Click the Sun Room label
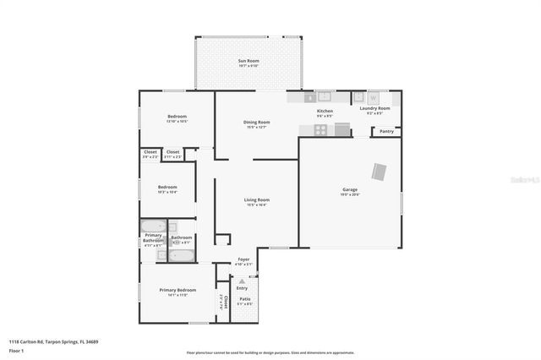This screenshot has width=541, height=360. pos(248,62)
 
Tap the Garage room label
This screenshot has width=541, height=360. pos(350,190)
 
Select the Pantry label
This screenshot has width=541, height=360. pos(386,131)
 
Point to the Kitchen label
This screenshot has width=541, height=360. pos(325,111)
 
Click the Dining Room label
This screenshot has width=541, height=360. pos(256,123)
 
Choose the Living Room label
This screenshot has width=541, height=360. pos(256,200)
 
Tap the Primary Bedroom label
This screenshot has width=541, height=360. pos(178,290)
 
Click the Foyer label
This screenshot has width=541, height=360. pos(243,259)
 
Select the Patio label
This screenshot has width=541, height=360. pos(244,299)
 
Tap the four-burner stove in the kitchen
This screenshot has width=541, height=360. pos(320,129)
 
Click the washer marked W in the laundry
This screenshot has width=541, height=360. pos(373,97)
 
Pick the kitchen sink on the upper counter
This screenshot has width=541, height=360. pos(323,97)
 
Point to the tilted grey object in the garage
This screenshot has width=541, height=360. pos(380,172)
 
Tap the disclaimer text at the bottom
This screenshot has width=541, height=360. pos(270,352)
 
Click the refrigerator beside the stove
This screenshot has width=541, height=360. pos(342,129)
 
